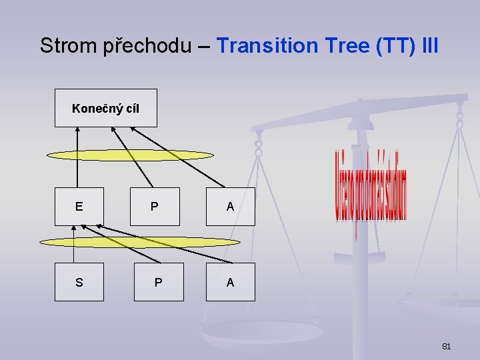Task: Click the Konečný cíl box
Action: pos(105,108)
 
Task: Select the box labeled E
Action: pos(79,207)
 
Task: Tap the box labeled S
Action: pos(79,282)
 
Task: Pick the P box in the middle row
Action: pos(155,207)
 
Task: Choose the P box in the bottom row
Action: pos(158,282)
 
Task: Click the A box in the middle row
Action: pos(230,207)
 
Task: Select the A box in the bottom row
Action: pos(230,282)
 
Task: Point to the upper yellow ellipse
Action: pos(130,155)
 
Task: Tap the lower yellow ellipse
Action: pos(139,242)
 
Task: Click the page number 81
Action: pos(447,346)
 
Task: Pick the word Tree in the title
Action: pos(342,46)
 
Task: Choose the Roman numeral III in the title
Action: pos(431,46)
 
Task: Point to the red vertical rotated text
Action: pos(371,193)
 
